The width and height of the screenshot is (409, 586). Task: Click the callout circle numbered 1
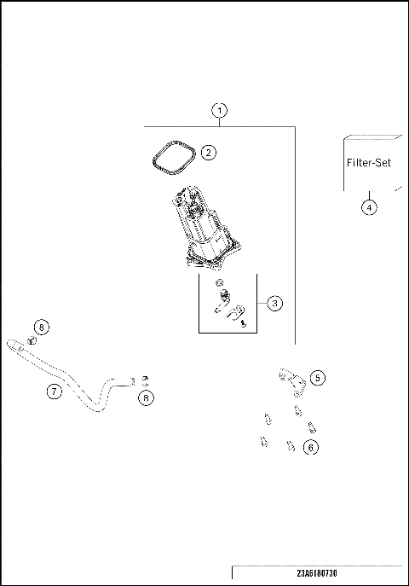pos(221,111)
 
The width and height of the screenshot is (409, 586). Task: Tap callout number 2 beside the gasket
pos(209,153)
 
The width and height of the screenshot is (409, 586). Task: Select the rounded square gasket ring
pos(170,157)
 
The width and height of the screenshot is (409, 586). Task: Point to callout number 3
pos(274,303)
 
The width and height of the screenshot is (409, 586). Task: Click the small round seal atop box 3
pos(221,283)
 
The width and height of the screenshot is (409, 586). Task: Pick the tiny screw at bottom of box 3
pos(244,324)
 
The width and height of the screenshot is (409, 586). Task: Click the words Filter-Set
pos(369,163)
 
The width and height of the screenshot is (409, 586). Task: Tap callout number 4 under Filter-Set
pos(369,206)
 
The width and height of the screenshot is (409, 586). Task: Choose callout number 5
pos(317,376)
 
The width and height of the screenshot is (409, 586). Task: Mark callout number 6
pos(312,446)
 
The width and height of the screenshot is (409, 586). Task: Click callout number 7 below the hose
pos(53,392)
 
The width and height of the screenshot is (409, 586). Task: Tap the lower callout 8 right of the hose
pos(148,397)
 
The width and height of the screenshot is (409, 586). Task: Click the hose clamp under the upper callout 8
pos(32,341)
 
